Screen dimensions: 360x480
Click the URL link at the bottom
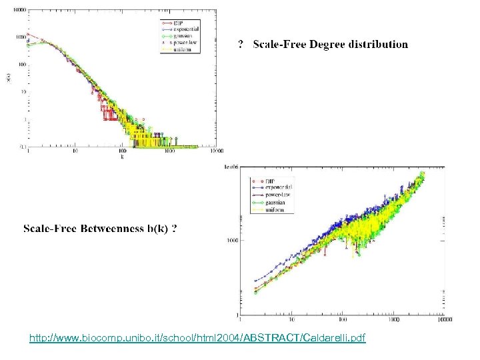click(x=197, y=339)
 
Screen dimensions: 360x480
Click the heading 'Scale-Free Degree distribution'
click(x=330, y=45)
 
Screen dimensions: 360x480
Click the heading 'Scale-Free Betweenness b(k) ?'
click(x=101, y=229)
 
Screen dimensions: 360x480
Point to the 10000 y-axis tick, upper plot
click(x=21, y=10)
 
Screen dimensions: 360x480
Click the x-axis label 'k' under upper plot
click(x=121, y=158)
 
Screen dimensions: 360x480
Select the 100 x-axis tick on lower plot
click(x=341, y=319)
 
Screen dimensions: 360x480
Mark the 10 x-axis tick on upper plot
click(x=75, y=151)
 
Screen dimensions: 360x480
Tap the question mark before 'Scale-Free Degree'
click(x=241, y=45)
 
